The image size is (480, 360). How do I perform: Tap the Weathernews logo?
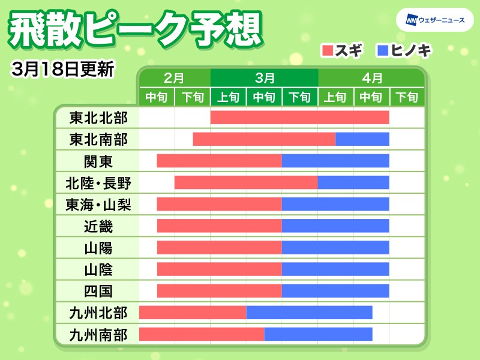pyautogui.click(x=431, y=20)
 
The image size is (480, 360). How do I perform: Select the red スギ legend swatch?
pyautogui.click(x=328, y=50)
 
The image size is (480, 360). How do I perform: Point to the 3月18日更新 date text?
pyautogui.click(x=62, y=68)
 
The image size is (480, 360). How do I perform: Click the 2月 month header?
pyautogui.click(x=174, y=78)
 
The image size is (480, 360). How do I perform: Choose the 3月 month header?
pyautogui.click(x=264, y=78)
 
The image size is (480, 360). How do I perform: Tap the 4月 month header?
pyautogui.click(x=372, y=78)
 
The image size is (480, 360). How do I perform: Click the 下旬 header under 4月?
pyautogui.click(x=407, y=97)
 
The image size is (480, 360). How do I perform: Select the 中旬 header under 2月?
pyautogui.click(x=157, y=97)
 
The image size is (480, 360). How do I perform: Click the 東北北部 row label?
pyautogui.click(x=98, y=118)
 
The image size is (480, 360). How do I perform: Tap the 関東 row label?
pyautogui.click(x=98, y=161)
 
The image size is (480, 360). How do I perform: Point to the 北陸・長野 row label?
pyautogui.click(x=98, y=182)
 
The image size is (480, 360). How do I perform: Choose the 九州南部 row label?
pyautogui.click(x=98, y=334)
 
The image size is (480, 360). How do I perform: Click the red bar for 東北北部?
pyautogui.click(x=299, y=118)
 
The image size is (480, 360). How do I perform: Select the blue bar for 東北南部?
pyautogui.click(x=362, y=139)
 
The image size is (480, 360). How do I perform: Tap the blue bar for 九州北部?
pyautogui.click(x=309, y=313)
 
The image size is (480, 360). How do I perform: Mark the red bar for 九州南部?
pyautogui.click(x=202, y=334)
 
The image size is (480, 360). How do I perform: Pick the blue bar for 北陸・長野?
pyautogui.click(x=353, y=182)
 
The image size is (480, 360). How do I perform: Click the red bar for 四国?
pyautogui.click(x=219, y=291)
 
